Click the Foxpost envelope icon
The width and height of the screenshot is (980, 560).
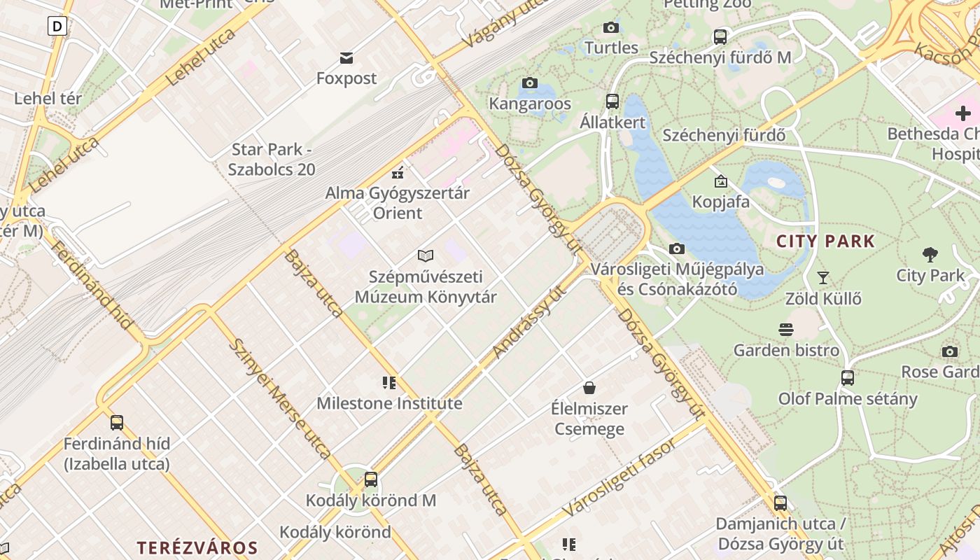point(346,57)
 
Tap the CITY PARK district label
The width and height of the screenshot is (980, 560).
point(826,241)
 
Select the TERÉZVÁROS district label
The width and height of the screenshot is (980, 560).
point(197,547)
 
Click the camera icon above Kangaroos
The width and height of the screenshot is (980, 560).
point(530,83)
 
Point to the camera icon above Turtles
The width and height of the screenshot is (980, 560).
point(611,27)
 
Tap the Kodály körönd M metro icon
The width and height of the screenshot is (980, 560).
point(371,479)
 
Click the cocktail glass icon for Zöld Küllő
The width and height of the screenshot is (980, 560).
point(823,278)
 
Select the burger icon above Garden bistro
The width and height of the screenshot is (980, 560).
point(786,330)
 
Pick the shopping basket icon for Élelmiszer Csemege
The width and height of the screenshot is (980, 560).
point(589,388)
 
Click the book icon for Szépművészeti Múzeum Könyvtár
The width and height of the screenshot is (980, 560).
point(426,255)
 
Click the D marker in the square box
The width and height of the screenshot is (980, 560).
point(57,27)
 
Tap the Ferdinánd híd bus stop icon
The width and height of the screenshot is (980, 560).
point(117,423)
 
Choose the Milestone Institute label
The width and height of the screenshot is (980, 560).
point(389,403)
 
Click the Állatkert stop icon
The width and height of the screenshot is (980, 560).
point(612,101)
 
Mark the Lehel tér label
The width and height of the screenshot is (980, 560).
point(48,98)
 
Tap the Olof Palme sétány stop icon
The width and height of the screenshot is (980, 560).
point(848,378)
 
